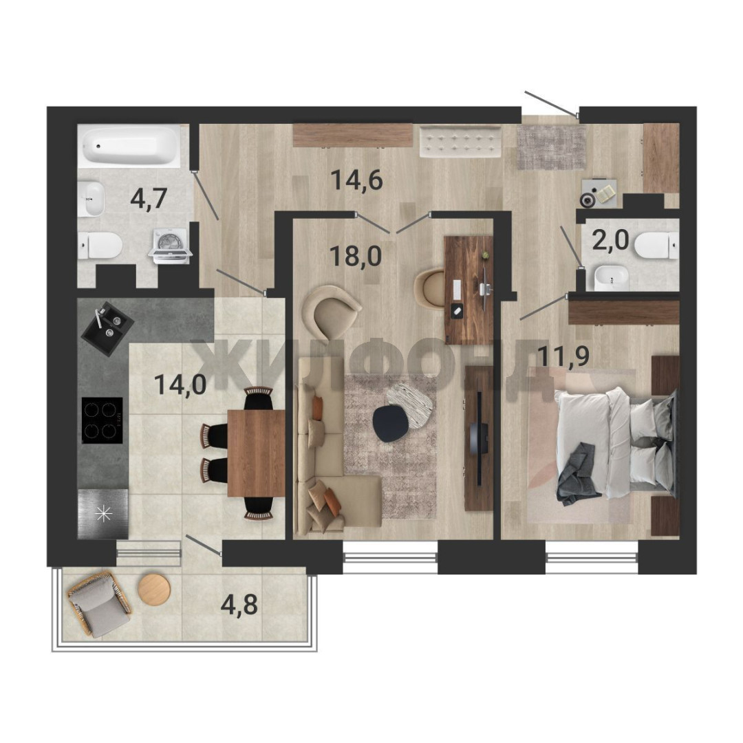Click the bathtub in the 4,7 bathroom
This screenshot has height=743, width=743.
tap(129, 145)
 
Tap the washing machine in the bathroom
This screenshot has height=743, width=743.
tap(171, 245)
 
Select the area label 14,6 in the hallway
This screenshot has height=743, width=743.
tap(356, 180)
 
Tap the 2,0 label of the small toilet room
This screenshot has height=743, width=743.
tap(610, 241)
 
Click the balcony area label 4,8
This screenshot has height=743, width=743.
tap(239, 604)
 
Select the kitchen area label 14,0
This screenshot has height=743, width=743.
tap(180, 385)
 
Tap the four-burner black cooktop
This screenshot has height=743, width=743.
tap(103, 420)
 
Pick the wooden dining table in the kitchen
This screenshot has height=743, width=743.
tap(256, 453)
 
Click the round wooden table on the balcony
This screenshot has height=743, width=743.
tap(154, 590)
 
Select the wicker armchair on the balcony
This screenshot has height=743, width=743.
tap(100, 604)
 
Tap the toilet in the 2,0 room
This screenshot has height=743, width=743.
tap(656, 245)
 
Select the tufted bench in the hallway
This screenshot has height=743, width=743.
tap(460, 141)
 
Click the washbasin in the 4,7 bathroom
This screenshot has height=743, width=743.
tap(91, 199)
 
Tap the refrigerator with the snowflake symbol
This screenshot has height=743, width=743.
tap(103, 514)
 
